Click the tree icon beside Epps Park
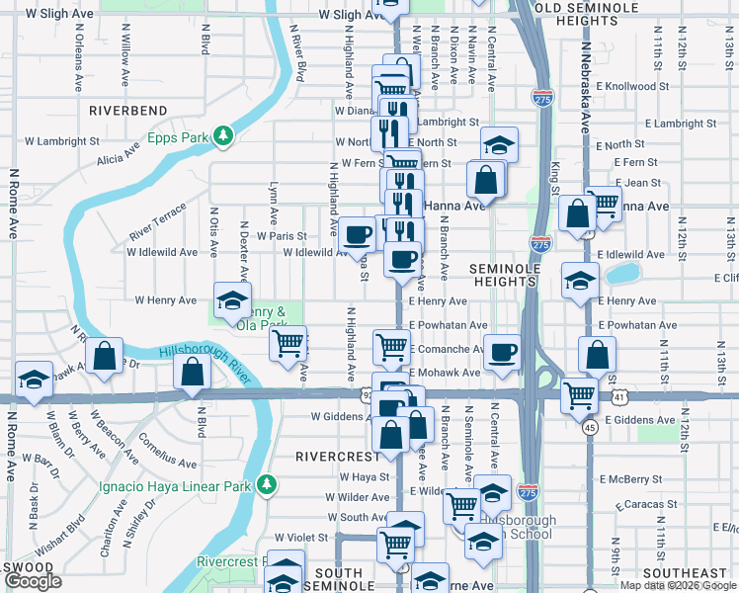(x=225, y=136)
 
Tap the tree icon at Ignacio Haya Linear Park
(x=266, y=484)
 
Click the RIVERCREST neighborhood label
(x=338, y=457)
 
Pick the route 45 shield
(x=589, y=428)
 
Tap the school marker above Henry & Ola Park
(x=232, y=299)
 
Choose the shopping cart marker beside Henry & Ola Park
(x=288, y=344)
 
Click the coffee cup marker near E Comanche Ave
(x=502, y=351)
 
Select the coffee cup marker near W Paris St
(x=357, y=234)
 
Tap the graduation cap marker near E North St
(x=500, y=143)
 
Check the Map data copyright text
(x=677, y=585)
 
